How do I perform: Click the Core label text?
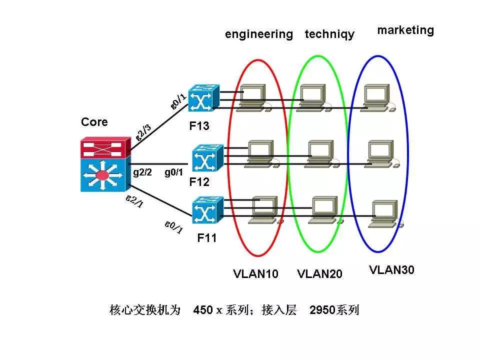[x=94, y=122]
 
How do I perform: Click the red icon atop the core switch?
[x=105, y=148]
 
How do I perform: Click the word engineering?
[x=258, y=34]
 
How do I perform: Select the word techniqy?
[x=329, y=34]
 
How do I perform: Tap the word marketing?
[x=405, y=30]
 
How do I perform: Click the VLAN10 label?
[x=255, y=274]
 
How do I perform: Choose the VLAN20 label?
[x=319, y=274]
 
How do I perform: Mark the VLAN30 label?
[x=392, y=270]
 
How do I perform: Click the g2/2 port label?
[x=142, y=172]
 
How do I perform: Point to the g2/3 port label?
[x=144, y=130]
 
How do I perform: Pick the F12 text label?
[x=199, y=182]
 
